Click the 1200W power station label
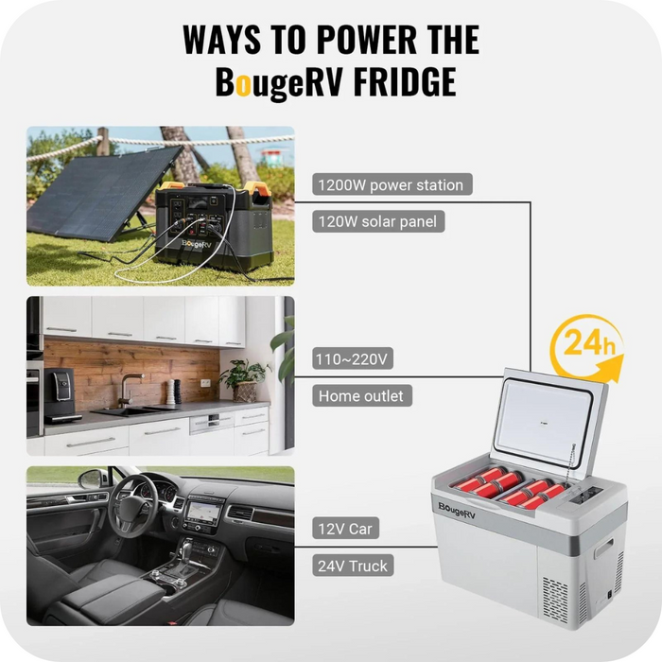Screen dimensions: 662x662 pyautogui.click(x=392, y=184)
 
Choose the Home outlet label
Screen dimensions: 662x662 pyautogui.click(x=362, y=395)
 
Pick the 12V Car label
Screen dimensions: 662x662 pyautogui.click(x=347, y=529)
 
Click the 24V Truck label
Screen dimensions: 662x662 pyautogui.click(x=352, y=566)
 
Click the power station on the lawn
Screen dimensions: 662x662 pyautogui.click(x=212, y=223)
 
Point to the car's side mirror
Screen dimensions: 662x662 pyautogui.click(x=91, y=479)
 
